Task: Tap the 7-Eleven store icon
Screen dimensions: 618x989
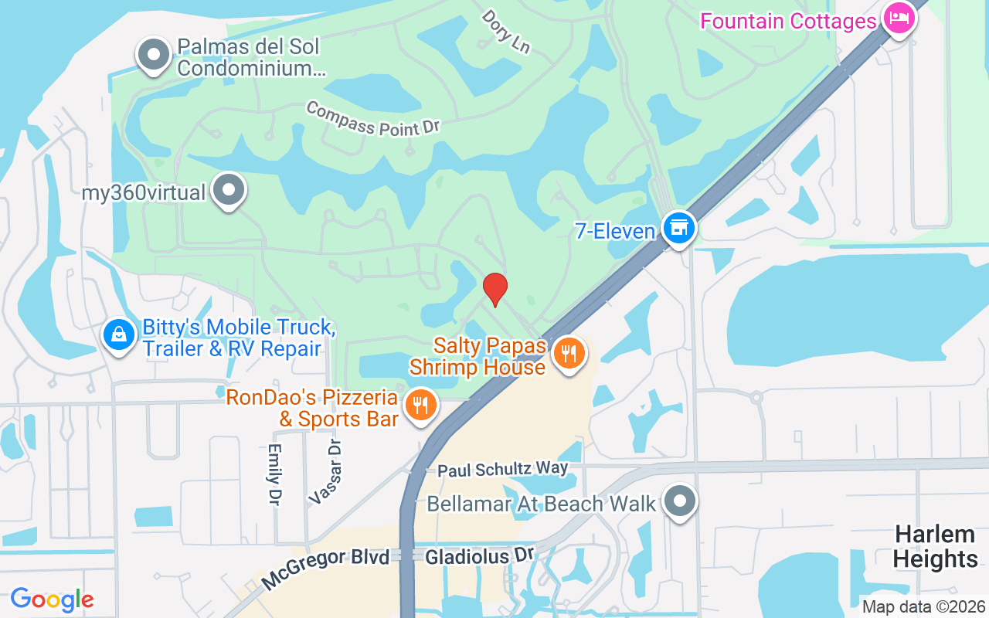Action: [x=679, y=229]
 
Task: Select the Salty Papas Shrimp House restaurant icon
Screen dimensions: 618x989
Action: [x=569, y=354]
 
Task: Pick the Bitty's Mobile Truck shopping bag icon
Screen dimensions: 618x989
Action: [x=119, y=335]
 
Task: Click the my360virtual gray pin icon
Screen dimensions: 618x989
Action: [x=229, y=190]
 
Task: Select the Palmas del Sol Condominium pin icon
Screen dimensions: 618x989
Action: [x=154, y=55]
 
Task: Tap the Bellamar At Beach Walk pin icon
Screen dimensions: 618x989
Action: [x=680, y=501]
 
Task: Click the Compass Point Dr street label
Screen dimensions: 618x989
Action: [x=372, y=119]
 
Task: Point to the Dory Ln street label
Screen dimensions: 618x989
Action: [x=506, y=31]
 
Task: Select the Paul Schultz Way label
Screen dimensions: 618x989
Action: [x=502, y=469]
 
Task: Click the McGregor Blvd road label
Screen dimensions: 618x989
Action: [x=325, y=567]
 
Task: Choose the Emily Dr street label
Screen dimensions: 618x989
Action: [x=274, y=474]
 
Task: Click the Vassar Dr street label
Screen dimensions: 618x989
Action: [x=325, y=472]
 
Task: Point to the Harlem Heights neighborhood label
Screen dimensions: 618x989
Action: [x=935, y=546]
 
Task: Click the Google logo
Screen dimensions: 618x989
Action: [x=53, y=599]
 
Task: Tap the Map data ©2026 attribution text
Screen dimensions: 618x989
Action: [x=923, y=607]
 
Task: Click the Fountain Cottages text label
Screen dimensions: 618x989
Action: [x=788, y=20]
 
